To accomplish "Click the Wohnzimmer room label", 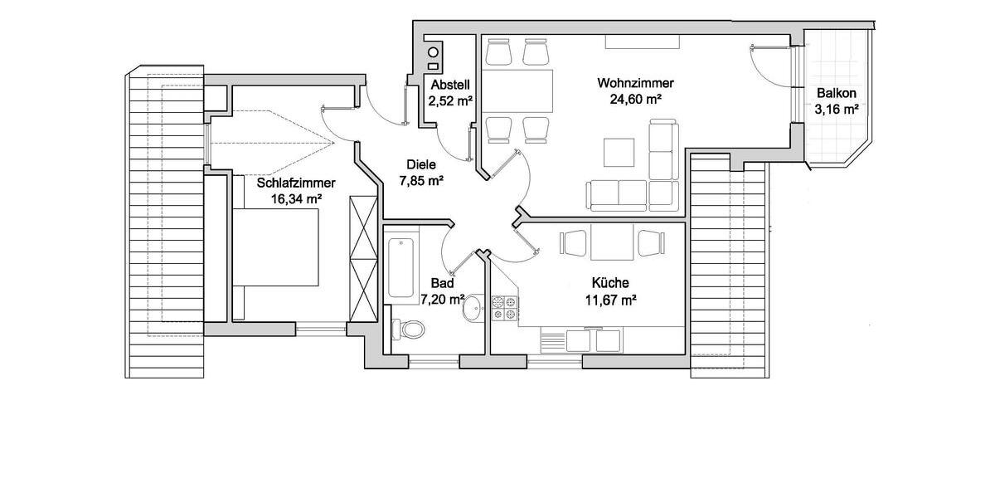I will pos(635,83).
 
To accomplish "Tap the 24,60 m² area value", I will pos(635,99).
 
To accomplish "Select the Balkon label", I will pos(836,93).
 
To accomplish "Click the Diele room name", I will pos(420,164).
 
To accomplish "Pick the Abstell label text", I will pos(450,85).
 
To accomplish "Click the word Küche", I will pos(609,283).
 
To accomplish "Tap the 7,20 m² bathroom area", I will pos(440,299).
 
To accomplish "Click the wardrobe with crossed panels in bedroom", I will pos(362,258).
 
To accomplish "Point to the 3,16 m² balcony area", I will pos(836,109).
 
